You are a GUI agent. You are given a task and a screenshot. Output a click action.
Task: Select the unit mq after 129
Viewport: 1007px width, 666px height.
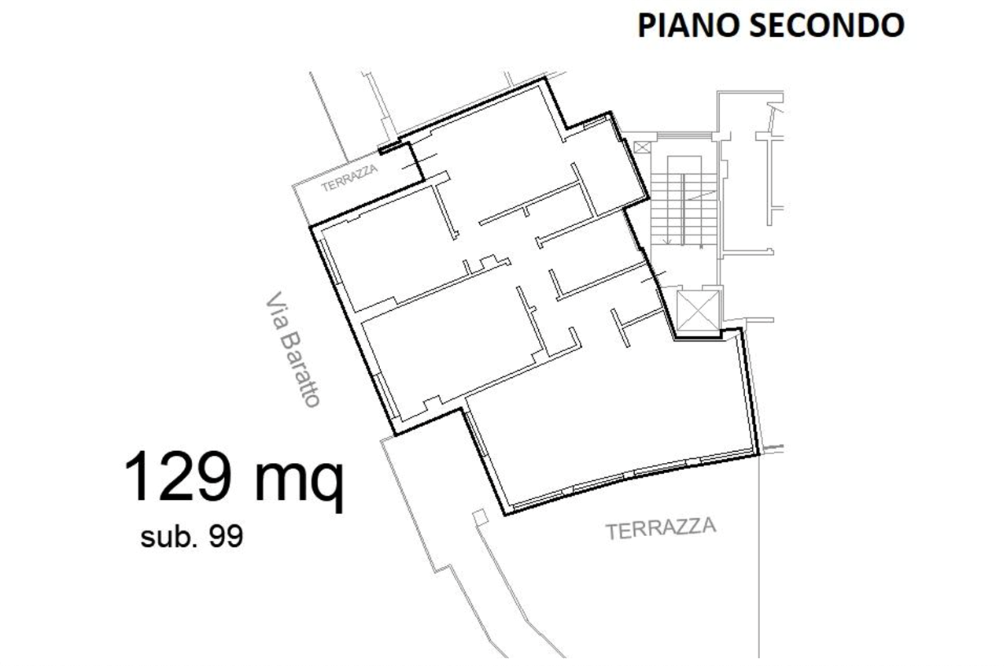(300, 480)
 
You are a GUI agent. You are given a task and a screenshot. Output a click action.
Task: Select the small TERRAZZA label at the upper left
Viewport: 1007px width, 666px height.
(351, 178)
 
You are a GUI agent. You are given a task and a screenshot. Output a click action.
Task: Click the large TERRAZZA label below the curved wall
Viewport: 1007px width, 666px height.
(663, 529)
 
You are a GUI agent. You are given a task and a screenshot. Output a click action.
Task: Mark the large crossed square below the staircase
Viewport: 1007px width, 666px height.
(698, 309)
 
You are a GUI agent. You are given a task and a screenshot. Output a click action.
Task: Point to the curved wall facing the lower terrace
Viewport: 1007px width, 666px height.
(629, 476)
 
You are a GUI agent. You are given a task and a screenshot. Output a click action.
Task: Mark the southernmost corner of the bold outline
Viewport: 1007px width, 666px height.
(506, 514)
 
